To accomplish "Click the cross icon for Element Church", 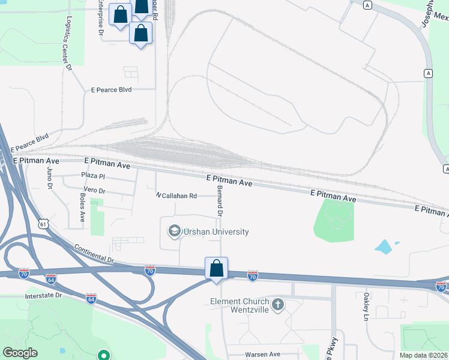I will (x=277, y=305).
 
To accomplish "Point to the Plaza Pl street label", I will (x=93, y=176).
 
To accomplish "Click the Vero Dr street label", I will (x=94, y=191).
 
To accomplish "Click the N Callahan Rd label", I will (x=176, y=196).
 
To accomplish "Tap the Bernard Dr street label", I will (x=220, y=205).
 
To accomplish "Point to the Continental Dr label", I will (x=94, y=256).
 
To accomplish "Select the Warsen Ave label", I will (x=262, y=354).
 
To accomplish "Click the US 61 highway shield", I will (x=41, y=224).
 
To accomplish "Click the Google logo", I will (x=20, y=353).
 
